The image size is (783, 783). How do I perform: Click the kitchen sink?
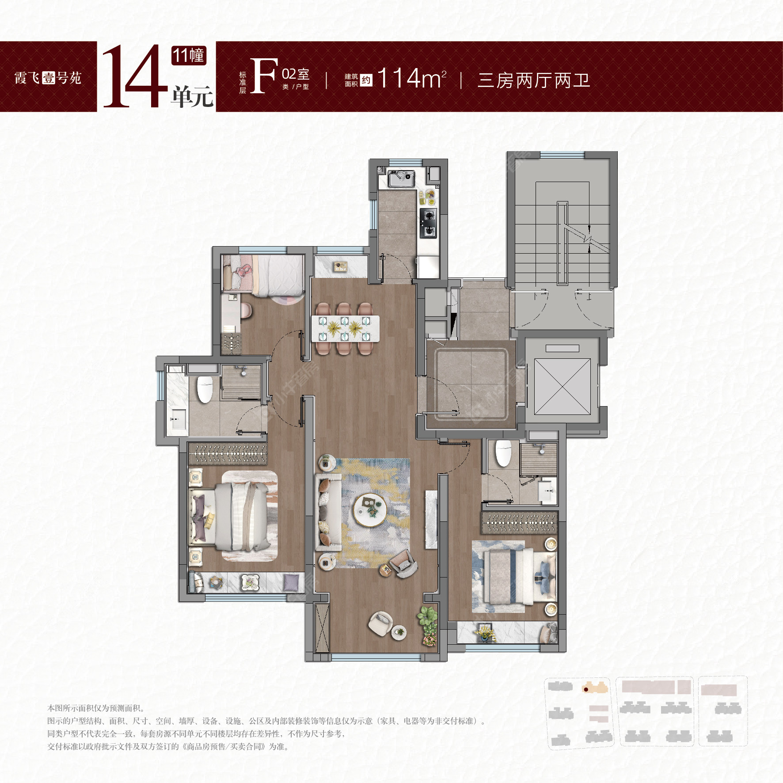point(401,178)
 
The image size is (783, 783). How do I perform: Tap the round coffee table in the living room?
point(370,509)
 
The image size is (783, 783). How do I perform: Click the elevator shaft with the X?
point(562,387)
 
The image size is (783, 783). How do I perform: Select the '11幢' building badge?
point(189,56)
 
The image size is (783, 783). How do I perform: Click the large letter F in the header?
point(263,76)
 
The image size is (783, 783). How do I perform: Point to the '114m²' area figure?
point(411,79)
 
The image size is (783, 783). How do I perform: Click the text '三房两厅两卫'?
point(533,80)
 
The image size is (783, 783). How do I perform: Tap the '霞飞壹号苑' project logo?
point(48,78)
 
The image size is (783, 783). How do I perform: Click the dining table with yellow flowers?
point(345,328)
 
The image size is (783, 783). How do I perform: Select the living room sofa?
point(328,512)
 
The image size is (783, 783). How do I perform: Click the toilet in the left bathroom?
point(205,389)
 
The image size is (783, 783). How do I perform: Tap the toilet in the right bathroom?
point(503,453)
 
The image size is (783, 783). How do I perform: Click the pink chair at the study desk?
point(246,310)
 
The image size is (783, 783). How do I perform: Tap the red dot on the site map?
point(586,689)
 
